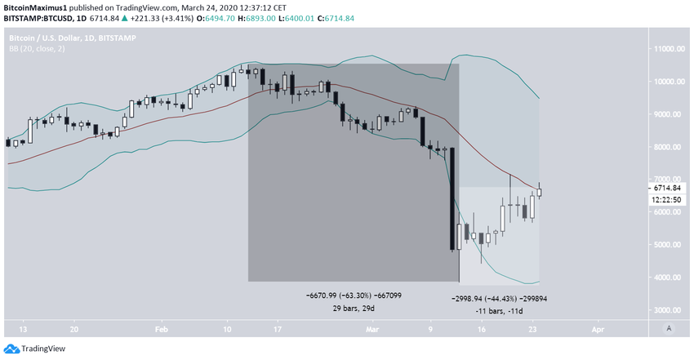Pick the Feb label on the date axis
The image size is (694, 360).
coord(161,329)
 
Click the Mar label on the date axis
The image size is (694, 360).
coord(372,329)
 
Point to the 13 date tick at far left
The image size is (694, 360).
coord(23,329)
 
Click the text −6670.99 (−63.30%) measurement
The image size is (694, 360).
coord(354,295)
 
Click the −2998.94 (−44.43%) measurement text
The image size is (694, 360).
coord(499,299)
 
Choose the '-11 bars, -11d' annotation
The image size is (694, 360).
coord(498,311)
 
